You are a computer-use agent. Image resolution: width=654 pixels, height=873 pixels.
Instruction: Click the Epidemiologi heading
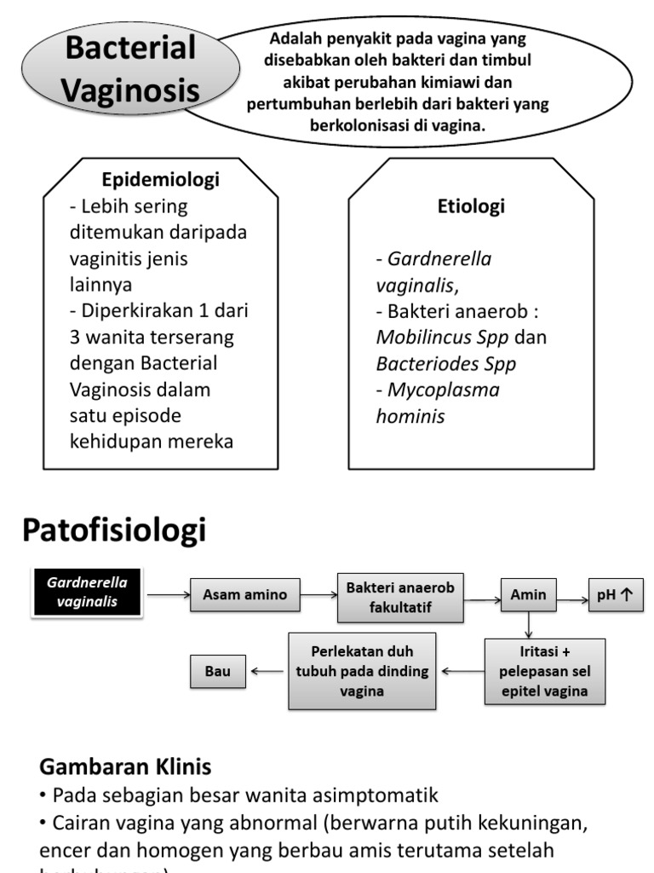click(x=160, y=180)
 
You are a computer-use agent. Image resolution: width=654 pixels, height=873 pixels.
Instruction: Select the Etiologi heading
click(x=471, y=206)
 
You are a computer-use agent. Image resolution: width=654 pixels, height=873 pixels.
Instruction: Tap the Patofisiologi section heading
click(x=114, y=530)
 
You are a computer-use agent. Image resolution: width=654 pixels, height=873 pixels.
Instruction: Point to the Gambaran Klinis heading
click(x=125, y=766)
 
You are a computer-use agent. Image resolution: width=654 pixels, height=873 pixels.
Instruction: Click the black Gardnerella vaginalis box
click(x=87, y=593)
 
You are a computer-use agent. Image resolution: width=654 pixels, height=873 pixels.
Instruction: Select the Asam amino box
click(x=244, y=594)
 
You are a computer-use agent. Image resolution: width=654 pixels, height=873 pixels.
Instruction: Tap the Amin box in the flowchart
click(x=528, y=594)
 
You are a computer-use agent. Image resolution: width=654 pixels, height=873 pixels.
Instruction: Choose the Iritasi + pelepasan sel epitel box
click(x=545, y=671)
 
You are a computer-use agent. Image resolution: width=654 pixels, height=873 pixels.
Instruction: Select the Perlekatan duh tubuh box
click(x=361, y=671)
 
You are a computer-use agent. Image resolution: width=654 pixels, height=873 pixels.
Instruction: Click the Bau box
click(x=217, y=671)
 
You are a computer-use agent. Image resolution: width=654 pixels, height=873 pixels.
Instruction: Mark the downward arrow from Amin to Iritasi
click(x=529, y=624)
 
